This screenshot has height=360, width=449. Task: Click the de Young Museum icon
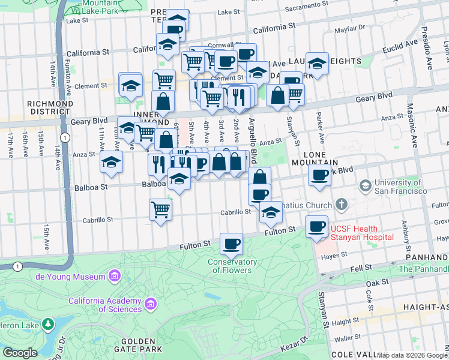(x=114, y=276)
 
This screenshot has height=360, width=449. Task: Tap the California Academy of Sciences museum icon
(x=150, y=305)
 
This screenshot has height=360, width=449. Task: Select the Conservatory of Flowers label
(x=233, y=266)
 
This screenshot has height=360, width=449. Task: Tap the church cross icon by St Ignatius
(x=341, y=205)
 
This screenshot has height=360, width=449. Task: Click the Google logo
(x=20, y=353)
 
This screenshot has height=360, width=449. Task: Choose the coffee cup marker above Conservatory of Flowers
(x=231, y=244)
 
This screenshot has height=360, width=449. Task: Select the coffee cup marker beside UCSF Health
(x=316, y=227)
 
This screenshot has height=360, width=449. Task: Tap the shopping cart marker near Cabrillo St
(x=160, y=209)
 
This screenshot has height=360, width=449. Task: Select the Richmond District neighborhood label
(x=50, y=107)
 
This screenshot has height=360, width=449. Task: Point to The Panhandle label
(x=423, y=269)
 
